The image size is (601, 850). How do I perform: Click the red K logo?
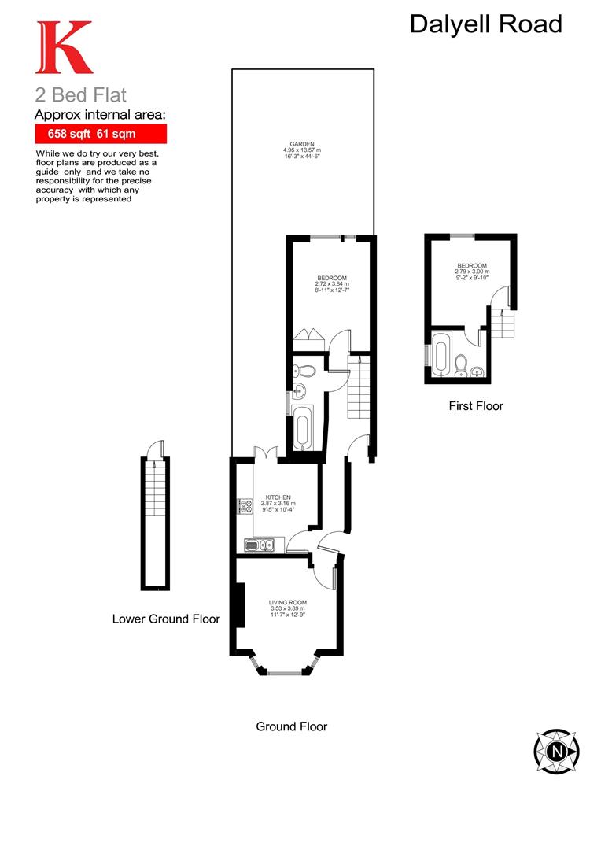(64, 48)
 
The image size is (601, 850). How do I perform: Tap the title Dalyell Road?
(485, 24)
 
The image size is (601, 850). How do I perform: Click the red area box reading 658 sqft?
(100, 134)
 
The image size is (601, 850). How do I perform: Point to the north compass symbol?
(557, 751)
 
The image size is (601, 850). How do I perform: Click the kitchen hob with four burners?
(244, 507)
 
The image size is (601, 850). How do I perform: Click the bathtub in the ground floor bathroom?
(303, 429)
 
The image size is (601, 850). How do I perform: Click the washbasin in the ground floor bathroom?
(299, 390)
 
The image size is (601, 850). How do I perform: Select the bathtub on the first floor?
(441, 356)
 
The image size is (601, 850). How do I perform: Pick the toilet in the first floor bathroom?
(462, 364)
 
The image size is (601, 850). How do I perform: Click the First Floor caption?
(475, 406)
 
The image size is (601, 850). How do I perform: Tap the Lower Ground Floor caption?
(166, 619)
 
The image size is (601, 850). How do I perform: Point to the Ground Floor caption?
(291, 726)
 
